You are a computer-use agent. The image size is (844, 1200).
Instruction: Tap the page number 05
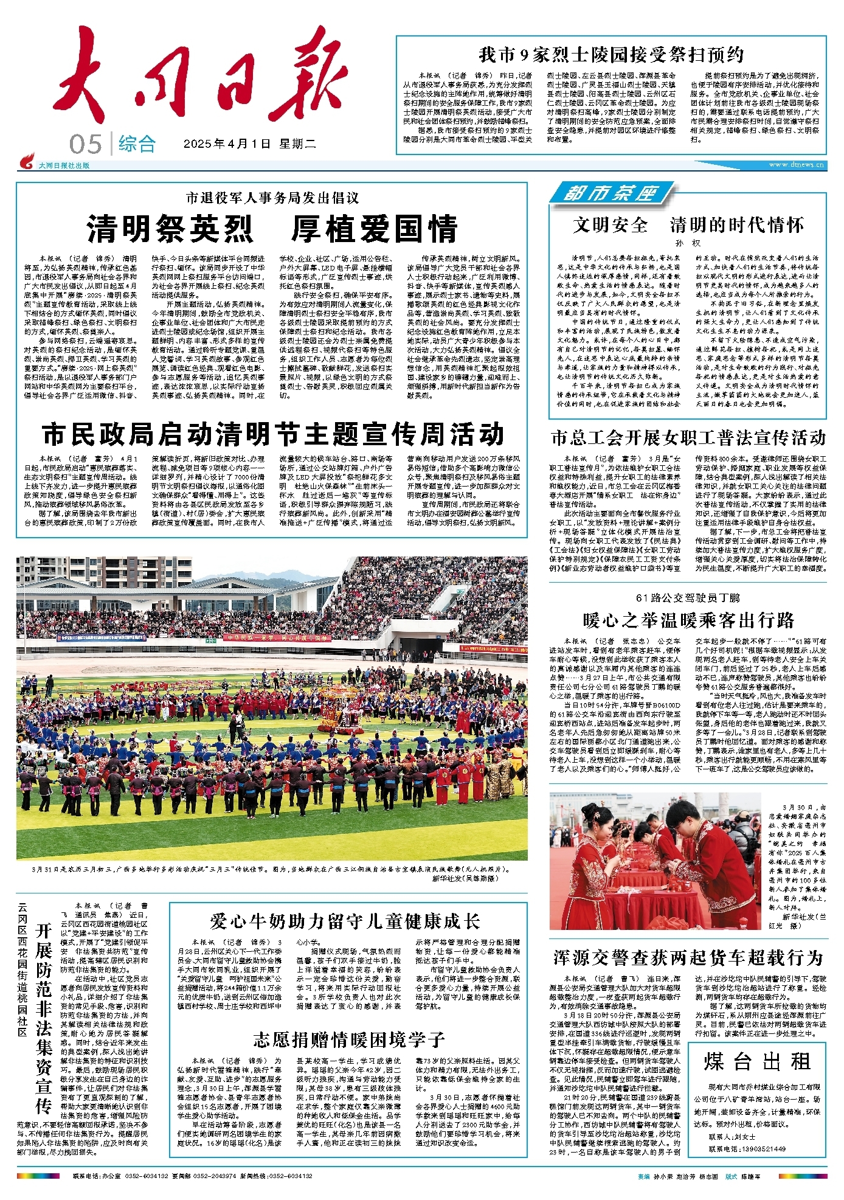tap(85, 145)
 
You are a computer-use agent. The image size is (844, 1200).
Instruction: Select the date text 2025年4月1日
tap(227, 144)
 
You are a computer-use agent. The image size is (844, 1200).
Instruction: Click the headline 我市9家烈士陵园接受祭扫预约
tap(611, 55)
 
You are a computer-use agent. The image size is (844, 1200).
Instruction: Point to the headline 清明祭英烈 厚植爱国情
tap(272, 229)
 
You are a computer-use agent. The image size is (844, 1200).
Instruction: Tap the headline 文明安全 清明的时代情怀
tap(687, 225)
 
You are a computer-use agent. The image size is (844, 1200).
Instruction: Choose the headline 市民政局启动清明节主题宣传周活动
tap(273, 434)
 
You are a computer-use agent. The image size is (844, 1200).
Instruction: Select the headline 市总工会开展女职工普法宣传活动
tap(688, 438)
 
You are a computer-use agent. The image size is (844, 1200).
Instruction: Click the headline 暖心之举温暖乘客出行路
tap(688, 620)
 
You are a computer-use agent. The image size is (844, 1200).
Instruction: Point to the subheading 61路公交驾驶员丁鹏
tap(688, 598)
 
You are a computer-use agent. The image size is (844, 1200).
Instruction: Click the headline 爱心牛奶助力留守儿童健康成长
tap(345, 921)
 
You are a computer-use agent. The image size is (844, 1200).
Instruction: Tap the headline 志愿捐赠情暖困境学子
tap(349, 1039)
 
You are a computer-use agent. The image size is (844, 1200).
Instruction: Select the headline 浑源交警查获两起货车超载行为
tap(688, 958)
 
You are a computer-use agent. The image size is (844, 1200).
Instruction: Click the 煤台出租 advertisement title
tap(758, 1062)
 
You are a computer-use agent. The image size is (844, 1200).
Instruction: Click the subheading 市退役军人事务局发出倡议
tap(272, 198)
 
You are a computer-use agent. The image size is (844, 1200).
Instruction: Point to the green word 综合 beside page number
tap(137, 144)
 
